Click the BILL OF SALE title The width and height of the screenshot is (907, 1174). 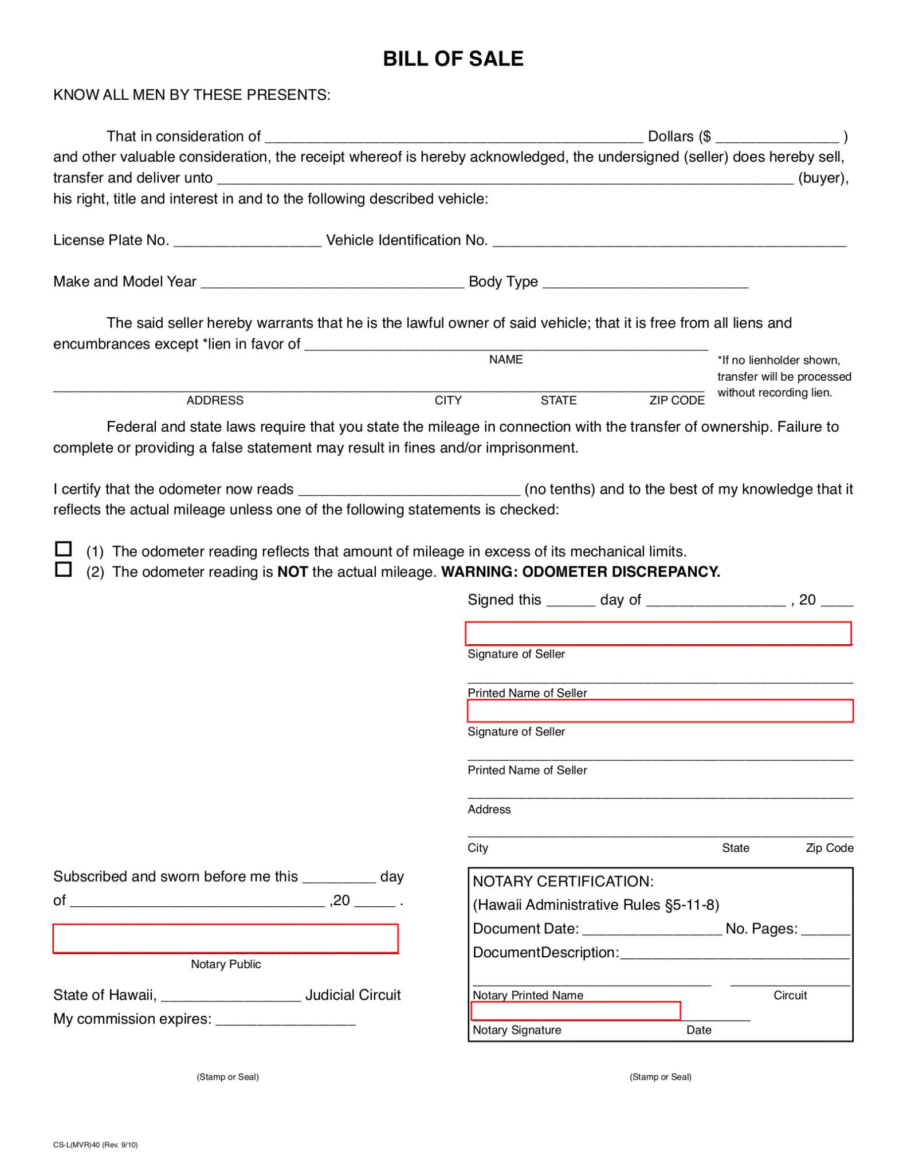pos(453,59)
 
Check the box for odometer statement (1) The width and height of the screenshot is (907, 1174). pos(63,549)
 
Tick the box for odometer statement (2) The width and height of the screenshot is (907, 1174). pos(63,569)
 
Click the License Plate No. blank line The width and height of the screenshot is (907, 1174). pos(247,241)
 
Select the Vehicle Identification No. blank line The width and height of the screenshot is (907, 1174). pos(669,241)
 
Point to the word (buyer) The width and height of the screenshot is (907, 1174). pos(823,178)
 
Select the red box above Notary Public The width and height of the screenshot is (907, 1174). pos(225,938)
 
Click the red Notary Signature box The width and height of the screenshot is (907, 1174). pos(575,1011)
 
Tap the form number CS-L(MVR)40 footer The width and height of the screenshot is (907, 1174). pos(95,1145)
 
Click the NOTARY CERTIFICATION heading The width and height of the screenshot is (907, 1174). pos(563,881)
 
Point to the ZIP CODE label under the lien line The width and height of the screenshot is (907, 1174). pos(677,401)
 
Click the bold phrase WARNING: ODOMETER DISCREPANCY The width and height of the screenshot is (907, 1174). pos(580,572)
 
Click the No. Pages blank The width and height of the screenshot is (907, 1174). pos(825,929)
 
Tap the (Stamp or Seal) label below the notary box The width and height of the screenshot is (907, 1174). pos(660,1077)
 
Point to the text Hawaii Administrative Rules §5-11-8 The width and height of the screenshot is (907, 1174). pos(596,905)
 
